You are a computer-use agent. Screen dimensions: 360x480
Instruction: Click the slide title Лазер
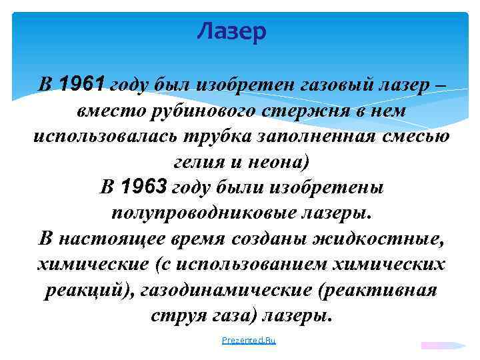(233, 31)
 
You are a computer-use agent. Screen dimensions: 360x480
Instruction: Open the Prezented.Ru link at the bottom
(249, 341)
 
